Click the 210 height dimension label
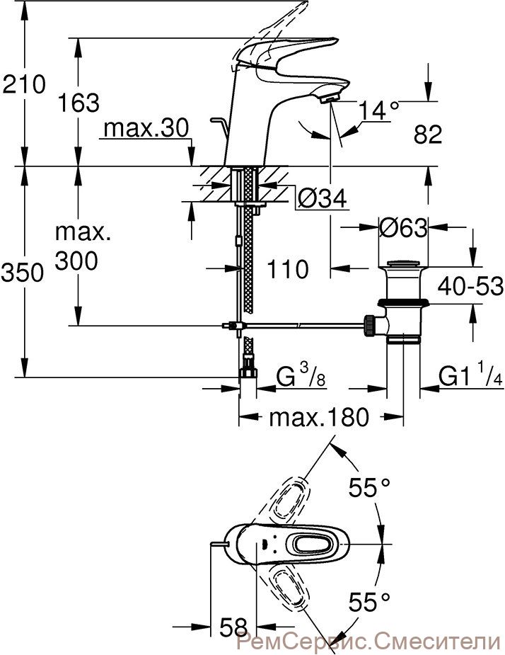(23, 84)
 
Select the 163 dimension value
(79, 103)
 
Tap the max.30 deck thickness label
(146, 128)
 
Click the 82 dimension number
(428, 135)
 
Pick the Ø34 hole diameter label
(322, 198)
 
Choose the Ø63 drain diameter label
(404, 228)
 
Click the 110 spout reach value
(288, 269)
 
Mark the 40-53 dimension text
(470, 287)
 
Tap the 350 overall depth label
(23, 273)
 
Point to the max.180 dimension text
(319, 416)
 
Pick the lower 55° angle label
(369, 602)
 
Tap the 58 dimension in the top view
(233, 627)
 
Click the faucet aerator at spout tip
(330, 98)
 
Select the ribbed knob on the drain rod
(369, 326)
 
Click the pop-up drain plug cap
(403, 264)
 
